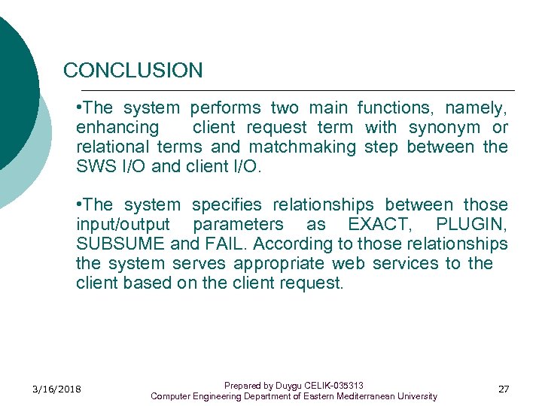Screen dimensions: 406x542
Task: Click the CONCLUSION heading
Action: tap(133, 71)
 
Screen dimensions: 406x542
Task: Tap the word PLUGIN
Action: tap(471, 225)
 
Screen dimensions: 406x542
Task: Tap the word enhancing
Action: tap(117, 128)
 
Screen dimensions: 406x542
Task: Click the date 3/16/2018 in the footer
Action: tap(56, 389)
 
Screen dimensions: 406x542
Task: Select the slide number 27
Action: tap(504, 389)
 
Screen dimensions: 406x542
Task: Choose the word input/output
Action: tap(123, 225)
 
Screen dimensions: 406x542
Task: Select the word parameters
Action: tap(239, 225)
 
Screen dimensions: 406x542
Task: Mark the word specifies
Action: tap(227, 205)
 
